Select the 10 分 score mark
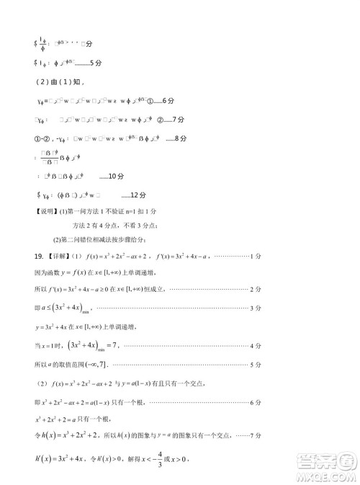[106, 176]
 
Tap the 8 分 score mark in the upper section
[180, 137]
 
